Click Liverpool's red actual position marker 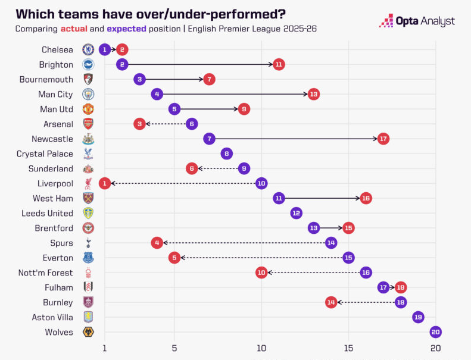[105, 183]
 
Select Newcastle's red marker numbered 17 [383, 139]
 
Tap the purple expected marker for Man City [157, 94]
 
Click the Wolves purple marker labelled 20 [435, 332]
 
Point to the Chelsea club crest [88, 49]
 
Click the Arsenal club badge [88, 124]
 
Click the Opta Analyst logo [417, 21]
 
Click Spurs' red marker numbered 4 [157, 243]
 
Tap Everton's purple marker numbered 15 [348, 258]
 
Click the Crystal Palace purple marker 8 [226, 154]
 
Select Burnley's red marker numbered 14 [331, 302]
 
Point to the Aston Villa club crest [88, 317]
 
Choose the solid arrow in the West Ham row [322, 198]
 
